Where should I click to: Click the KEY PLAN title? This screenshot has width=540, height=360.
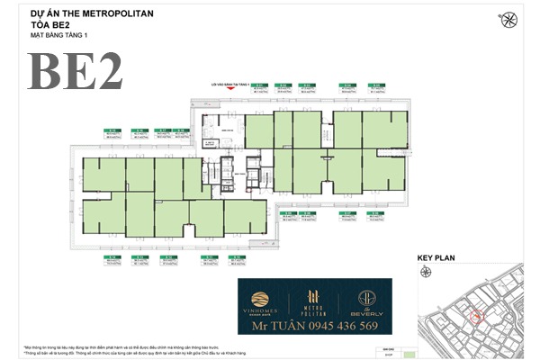(x=436, y=258)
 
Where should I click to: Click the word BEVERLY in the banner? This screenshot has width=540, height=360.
(x=367, y=312)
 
